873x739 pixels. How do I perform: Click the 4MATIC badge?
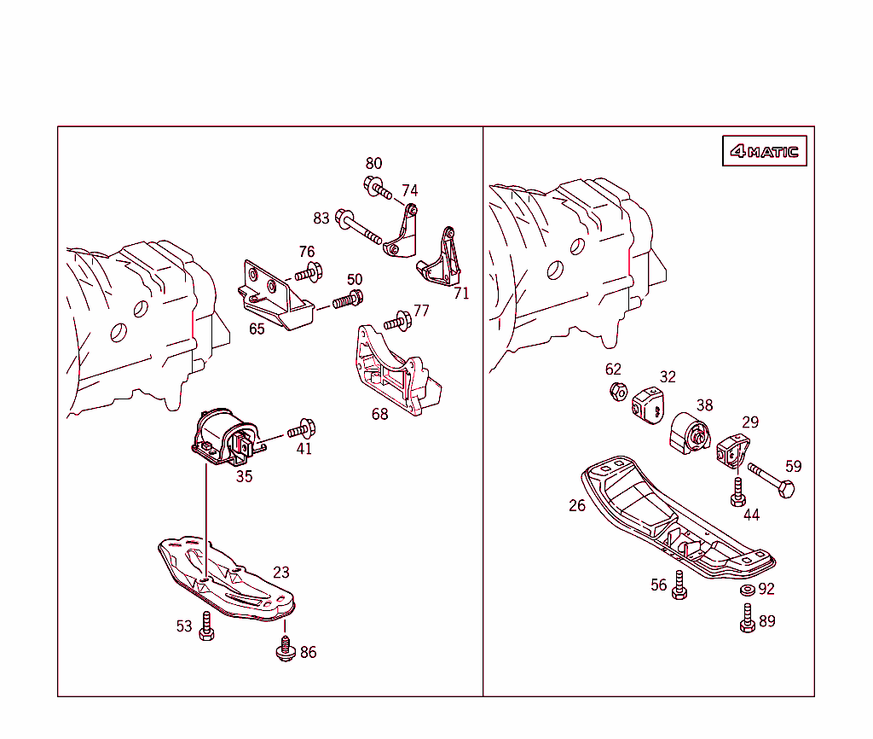(x=764, y=150)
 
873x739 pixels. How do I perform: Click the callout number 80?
(x=373, y=163)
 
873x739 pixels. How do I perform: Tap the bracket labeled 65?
(x=275, y=294)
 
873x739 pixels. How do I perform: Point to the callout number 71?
(x=461, y=294)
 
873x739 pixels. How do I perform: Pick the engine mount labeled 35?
(x=225, y=437)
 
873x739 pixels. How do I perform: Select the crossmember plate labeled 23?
(x=225, y=578)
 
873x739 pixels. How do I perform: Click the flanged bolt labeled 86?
(x=286, y=649)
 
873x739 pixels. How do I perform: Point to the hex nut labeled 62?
(x=619, y=392)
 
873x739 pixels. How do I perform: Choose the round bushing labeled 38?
(x=690, y=434)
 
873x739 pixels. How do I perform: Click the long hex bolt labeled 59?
(x=771, y=480)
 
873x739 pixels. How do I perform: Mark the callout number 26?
(x=577, y=505)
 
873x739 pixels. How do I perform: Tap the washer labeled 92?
(x=747, y=589)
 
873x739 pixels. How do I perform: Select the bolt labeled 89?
(x=747, y=618)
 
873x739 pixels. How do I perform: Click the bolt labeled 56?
(x=679, y=585)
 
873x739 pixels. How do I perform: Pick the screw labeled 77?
(x=397, y=322)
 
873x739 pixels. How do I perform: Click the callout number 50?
(x=355, y=279)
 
